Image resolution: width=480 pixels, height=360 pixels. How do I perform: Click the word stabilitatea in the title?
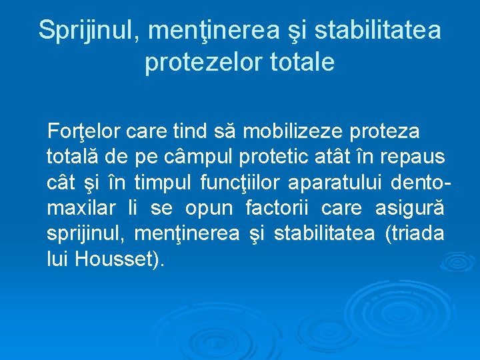tap(377, 31)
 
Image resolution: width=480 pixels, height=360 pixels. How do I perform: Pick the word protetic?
tap(268, 157)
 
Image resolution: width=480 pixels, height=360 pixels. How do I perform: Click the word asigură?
tap(410, 209)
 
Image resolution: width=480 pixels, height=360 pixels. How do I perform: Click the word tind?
tap(190, 131)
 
